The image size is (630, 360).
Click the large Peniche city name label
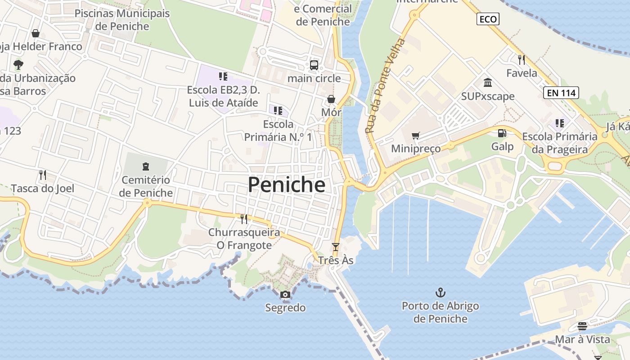[286, 184]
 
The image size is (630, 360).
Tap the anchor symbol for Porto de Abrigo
[440, 293]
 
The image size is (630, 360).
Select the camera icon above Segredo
[285, 295]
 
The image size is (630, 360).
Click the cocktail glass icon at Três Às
[335, 247]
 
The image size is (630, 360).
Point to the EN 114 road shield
[561, 93]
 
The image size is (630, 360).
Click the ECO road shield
[488, 19]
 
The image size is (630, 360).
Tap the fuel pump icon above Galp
[502, 133]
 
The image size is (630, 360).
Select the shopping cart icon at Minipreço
[416, 135]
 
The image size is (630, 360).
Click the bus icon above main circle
[314, 65]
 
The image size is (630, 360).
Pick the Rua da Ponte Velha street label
[385, 85]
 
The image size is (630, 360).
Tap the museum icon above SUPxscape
[488, 83]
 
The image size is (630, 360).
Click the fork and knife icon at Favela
[522, 59]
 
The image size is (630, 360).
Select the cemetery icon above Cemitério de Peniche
[146, 167]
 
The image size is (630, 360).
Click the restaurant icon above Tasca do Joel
[43, 175]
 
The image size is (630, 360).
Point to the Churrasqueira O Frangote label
[244, 239]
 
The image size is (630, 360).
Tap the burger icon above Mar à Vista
[582, 326]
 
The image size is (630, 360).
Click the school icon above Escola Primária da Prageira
[559, 123]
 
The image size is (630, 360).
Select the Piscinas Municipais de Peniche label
[122, 20]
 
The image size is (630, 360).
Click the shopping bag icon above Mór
[331, 99]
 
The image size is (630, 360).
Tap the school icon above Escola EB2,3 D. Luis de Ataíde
[223, 76]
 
